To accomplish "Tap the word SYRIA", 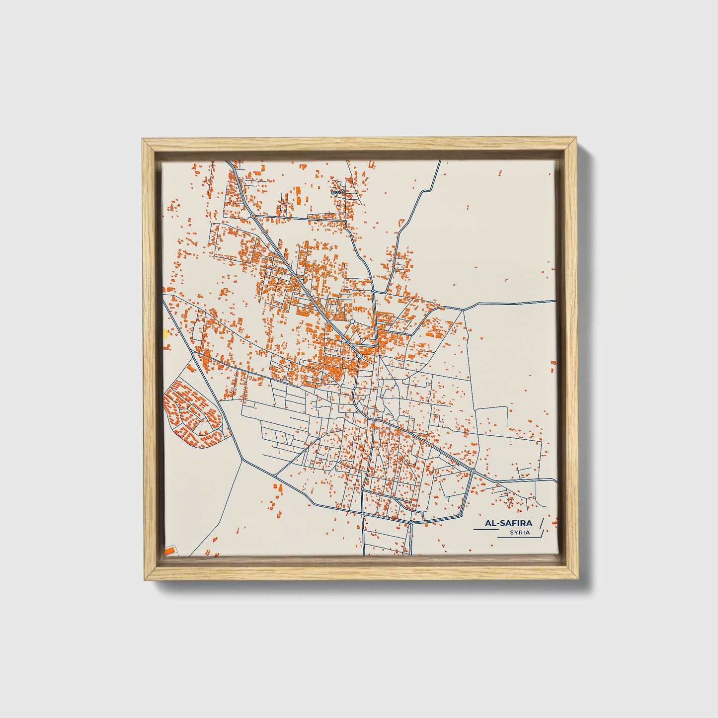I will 519,533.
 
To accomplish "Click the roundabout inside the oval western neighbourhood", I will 220,427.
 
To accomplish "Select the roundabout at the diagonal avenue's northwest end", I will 253,217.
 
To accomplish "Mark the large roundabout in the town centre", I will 359,356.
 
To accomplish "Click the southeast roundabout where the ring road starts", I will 473,470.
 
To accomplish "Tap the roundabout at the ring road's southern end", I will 411,522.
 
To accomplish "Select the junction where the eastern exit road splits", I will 463,310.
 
